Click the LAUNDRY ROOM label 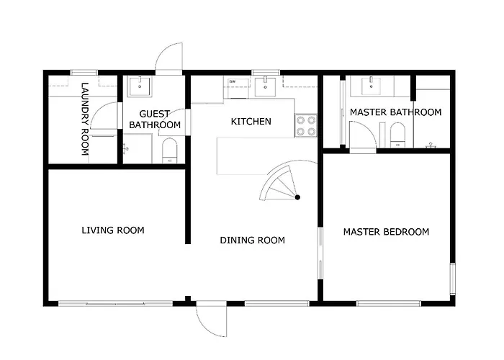pyautogui.click(x=84, y=120)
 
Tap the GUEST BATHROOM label pyautogui.click(x=155, y=120)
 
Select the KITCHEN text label pyautogui.click(x=251, y=122)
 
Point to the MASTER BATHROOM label pyautogui.click(x=396, y=112)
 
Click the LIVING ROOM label pyautogui.click(x=113, y=230)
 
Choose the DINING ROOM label pyautogui.click(x=252, y=240)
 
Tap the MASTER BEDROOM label pyautogui.click(x=386, y=232)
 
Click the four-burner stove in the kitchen pyautogui.click(x=306, y=126)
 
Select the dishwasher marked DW pyautogui.click(x=238, y=87)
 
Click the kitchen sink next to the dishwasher pyautogui.click(x=265, y=86)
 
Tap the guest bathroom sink pyautogui.click(x=140, y=86)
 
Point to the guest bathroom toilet pyautogui.click(x=169, y=150)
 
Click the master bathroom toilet pyautogui.click(x=398, y=135)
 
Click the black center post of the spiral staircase pyautogui.click(x=297, y=197)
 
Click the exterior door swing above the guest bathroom pyautogui.click(x=168, y=58)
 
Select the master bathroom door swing pyautogui.click(x=363, y=135)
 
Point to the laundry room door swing pyautogui.click(x=104, y=116)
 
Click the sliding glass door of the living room pyautogui.click(x=116, y=303)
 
